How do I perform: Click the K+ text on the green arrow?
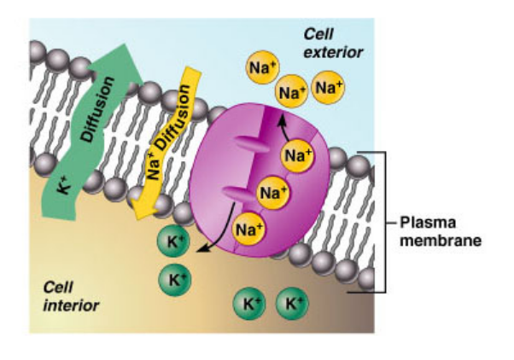point(64,180)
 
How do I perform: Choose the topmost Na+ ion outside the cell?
point(262,66)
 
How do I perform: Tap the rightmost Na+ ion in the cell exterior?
point(329,87)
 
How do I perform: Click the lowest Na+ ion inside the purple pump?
point(248,228)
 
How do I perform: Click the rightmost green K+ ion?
point(295,303)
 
